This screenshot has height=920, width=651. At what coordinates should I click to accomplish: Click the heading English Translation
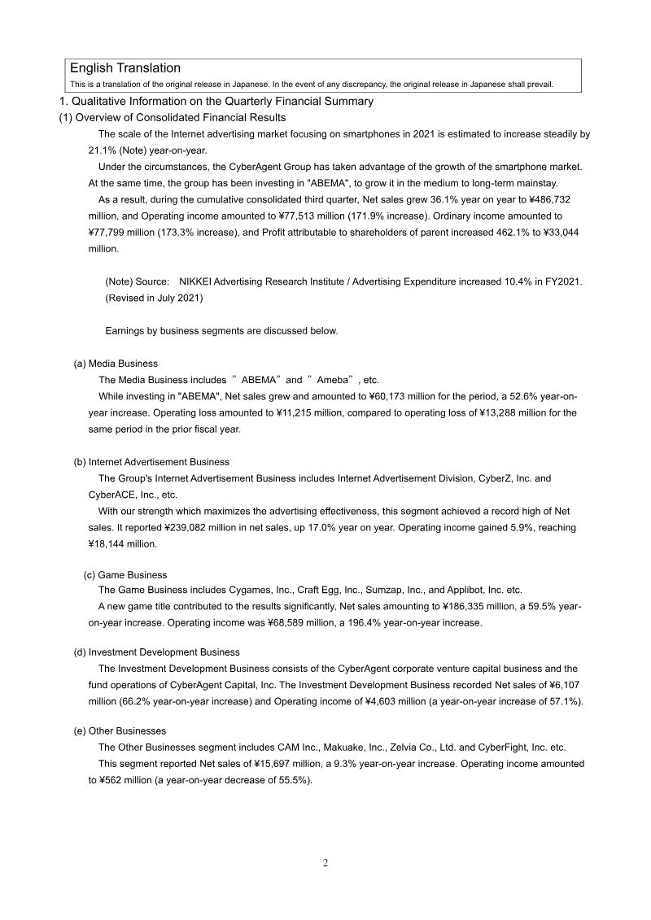click(125, 68)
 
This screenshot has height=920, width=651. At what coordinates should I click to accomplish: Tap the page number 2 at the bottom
click(325, 863)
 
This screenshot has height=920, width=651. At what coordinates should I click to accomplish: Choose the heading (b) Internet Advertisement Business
click(151, 462)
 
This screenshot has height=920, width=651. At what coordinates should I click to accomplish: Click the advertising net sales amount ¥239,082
click(214, 528)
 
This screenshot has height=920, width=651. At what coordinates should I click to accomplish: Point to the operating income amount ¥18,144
click(111, 544)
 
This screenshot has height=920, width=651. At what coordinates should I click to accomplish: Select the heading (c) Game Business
click(125, 575)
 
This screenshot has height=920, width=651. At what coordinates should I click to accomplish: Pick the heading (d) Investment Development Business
click(156, 652)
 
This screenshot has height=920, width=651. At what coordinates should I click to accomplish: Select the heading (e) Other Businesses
click(120, 731)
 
